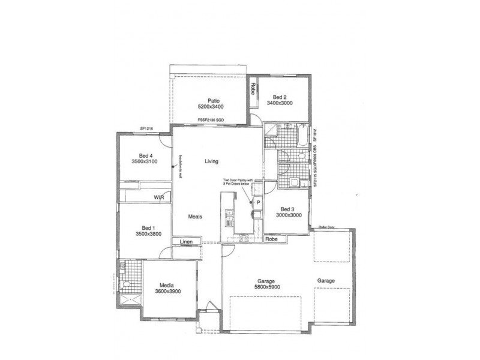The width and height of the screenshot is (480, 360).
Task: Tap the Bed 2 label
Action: pos(281,97)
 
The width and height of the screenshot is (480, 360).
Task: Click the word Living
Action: pos(211,161)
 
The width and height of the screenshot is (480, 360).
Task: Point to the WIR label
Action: pos(159,197)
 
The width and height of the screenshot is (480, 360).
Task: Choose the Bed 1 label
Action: pos(148,227)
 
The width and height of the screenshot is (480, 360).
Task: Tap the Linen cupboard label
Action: pos(185,241)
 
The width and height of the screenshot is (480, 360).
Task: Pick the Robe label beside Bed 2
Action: pos(253,89)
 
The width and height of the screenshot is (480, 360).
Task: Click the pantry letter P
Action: pos(257,203)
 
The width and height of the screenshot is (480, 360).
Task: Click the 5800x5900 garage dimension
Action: pos(267,287)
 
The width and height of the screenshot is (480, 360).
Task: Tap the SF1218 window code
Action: pos(148,128)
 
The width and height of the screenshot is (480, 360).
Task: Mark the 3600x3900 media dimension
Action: pos(167,291)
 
